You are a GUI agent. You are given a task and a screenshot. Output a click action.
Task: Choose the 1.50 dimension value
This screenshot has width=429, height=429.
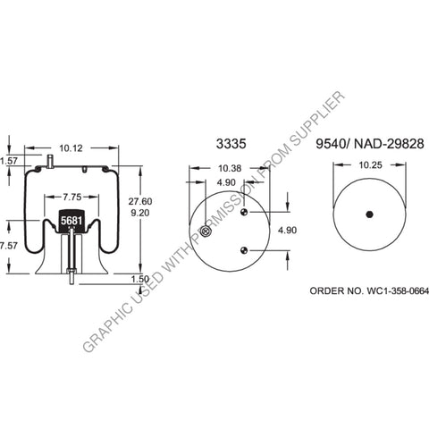pos(139,278)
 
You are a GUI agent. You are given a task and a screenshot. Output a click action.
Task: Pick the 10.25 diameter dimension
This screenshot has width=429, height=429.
pos(367,165)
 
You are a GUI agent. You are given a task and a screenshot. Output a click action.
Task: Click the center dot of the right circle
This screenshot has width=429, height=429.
pos(367,214)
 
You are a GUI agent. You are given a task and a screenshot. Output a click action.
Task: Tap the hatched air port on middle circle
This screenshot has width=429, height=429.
pos(206,233)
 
